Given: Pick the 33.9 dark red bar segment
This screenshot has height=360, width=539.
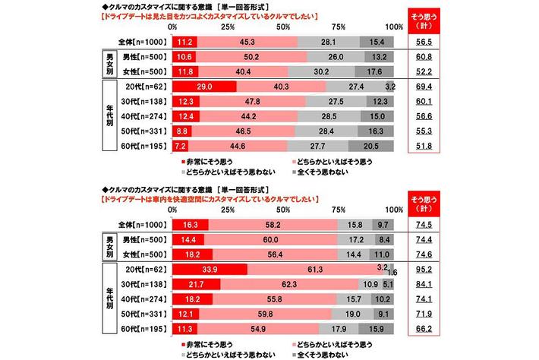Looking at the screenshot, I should [210, 269].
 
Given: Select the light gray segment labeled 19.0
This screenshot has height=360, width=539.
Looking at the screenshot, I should [353, 311].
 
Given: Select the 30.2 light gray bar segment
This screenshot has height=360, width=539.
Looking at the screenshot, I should [322, 71].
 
